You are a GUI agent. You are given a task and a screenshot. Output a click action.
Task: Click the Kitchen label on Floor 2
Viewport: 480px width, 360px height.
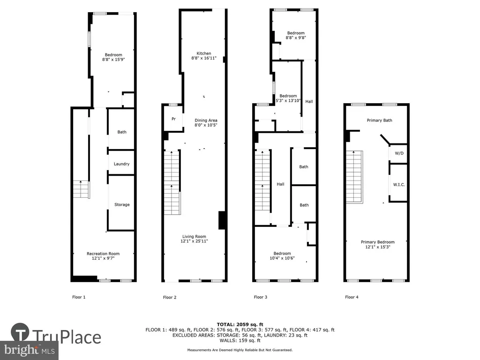(x=204, y=53)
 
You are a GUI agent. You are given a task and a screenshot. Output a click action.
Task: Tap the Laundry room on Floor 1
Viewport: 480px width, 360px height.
(x=121, y=163)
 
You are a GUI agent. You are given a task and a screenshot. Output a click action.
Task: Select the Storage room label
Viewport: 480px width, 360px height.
(x=122, y=204)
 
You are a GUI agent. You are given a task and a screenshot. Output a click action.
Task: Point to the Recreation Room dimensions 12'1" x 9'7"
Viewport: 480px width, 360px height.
(x=103, y=258)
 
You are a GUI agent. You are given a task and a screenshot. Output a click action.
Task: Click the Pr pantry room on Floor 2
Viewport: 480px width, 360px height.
(x=173, y=119)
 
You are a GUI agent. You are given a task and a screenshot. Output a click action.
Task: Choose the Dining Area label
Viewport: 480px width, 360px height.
(x=206, y=120)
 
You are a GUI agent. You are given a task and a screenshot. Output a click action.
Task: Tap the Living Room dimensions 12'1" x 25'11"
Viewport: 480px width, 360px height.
(x=194, y=241)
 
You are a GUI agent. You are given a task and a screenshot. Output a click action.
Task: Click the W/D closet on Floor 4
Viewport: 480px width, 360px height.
(x=398, y=153)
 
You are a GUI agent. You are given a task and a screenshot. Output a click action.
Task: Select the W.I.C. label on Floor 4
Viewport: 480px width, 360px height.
(x=399, y=185)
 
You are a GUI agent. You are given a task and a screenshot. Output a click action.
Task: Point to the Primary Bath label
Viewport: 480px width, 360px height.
(x=379, y=120)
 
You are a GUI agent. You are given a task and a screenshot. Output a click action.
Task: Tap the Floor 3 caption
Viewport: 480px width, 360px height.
(x=261, y=297)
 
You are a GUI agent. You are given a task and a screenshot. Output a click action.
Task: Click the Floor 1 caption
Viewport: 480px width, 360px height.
(x=79, y=297)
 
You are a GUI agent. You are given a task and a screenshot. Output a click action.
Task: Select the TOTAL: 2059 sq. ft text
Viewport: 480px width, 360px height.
(x=240, y=324)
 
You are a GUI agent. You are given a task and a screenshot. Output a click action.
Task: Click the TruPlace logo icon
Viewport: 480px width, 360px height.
(x=20, y=332)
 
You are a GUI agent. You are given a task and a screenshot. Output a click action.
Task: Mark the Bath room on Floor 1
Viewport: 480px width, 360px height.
(x=121, y=129)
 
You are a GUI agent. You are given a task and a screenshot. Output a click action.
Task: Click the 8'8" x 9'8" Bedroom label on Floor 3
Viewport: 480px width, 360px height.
(x=296, y=35)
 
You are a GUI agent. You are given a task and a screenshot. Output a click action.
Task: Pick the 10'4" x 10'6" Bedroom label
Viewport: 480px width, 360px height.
(x=282, y=255)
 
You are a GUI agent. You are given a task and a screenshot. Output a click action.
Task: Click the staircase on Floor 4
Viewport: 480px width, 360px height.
(x=354, y=177)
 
